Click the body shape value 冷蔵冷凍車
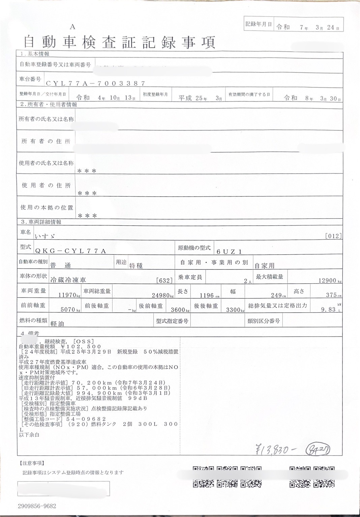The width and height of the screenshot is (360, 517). tap(68, 280)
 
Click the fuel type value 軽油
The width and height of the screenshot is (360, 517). tap(57, 323)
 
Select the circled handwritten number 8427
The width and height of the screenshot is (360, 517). tap(317, 449)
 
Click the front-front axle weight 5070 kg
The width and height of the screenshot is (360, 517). tap(69, 309)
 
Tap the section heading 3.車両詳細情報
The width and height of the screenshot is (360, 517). tap(41, 222)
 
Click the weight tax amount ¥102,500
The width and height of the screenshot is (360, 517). tap(81, 346)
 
